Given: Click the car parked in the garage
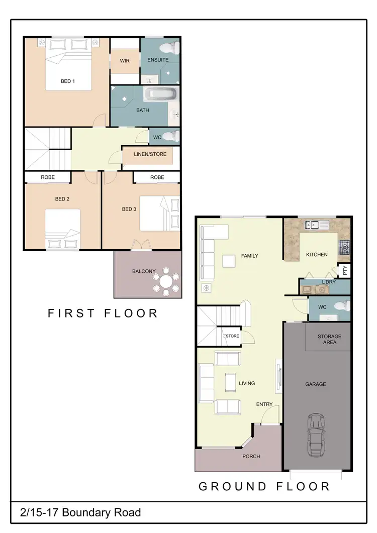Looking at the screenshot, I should coord(317,435).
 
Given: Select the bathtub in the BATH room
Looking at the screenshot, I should coord(161,94).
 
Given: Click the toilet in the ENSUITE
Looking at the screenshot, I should coord(169,48).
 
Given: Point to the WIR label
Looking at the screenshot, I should coord(125,60).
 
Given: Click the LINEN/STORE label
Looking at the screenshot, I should coord(150,154).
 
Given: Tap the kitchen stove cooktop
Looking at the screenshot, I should coord(345,246).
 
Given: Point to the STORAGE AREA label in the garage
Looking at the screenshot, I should coord(329,339).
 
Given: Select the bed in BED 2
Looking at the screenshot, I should coord(63,229).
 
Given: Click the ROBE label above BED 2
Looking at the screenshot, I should coord(48,177).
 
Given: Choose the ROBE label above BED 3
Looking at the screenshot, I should coord(157,177).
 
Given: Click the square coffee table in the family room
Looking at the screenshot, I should coord(229,261).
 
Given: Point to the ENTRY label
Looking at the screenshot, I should coord(264,404).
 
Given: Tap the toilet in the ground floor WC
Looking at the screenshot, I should coord(340,305).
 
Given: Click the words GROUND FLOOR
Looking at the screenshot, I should coord(264,486).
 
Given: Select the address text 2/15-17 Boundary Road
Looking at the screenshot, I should coord(80,513).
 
